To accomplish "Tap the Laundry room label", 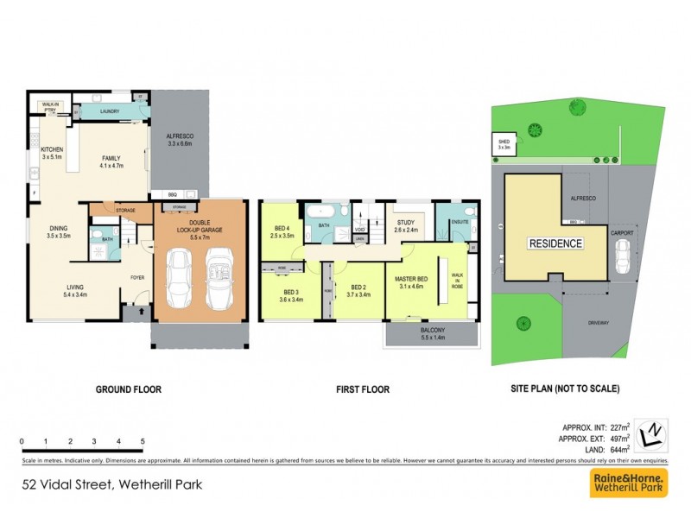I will tap(109, 111).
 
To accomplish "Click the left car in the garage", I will tap(181, 278).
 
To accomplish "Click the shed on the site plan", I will tap(503, 145).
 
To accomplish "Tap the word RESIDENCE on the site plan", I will tap(555, 243).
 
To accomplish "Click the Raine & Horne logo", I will tap(628, 484).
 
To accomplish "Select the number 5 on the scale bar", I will tap(142, 440).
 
